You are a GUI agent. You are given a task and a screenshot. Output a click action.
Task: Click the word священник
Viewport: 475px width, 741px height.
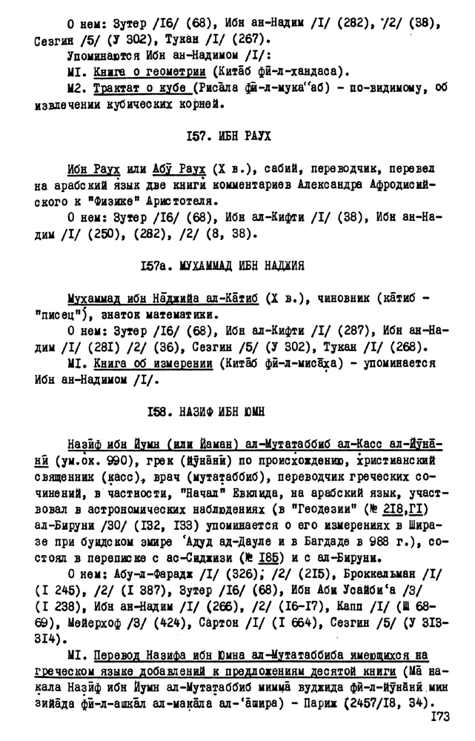click(66, 476)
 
